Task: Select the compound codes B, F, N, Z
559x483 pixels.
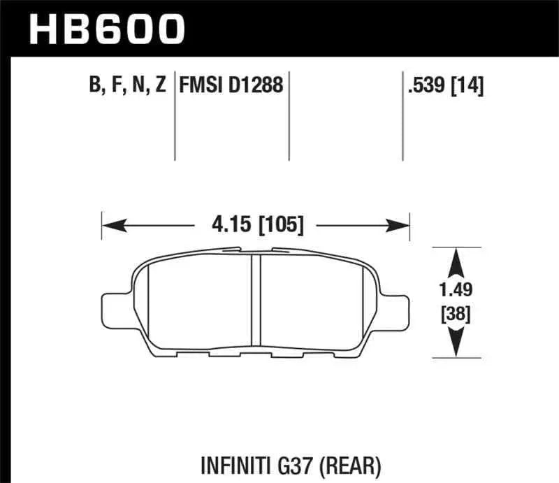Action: pyautogui.click(x=126, y=86)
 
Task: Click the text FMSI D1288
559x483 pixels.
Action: pyautogui.click(x=231, y=86)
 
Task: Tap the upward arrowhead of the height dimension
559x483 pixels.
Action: pyautogui.click(x=456, y=260)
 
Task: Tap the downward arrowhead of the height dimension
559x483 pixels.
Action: pyautogui.click(x=456, y=343)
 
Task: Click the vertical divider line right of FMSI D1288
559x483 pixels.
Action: pyautogui.click(x=289, y=115)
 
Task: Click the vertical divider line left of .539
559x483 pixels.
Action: pyautogui.click(x=403, y=115)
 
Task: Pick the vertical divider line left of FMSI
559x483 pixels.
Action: pyautogui.click(x=174, y=115)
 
